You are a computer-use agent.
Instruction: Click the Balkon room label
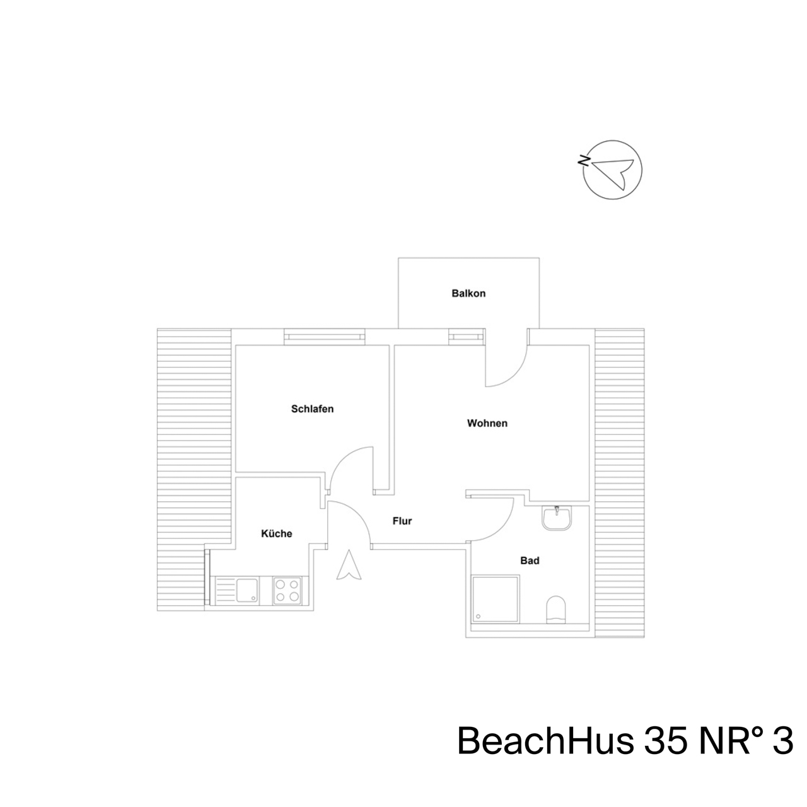point(468,293)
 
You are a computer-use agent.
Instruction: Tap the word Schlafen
point(313,409)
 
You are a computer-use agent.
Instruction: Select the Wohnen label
point(487,423)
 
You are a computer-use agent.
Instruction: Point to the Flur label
point(402,521)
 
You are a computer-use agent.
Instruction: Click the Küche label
point(276,533)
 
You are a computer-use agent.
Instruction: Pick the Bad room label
point(530,560)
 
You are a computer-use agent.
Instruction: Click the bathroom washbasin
point(557,518)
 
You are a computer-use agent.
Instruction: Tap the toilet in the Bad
point(556,609)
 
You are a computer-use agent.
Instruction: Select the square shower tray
point(496,600)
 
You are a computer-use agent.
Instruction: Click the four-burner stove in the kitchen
point(287,591)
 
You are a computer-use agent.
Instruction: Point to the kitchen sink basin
point(248,590)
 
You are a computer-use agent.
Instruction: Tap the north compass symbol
point(612,170)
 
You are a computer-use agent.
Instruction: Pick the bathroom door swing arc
point(501,528)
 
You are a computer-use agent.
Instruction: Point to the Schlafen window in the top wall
point(325,337)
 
